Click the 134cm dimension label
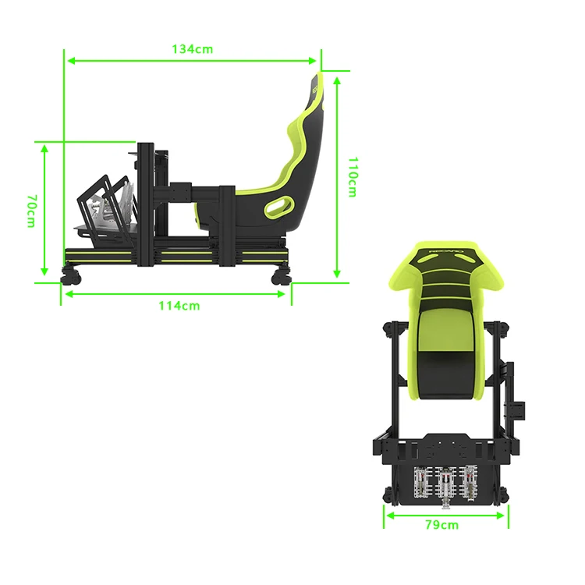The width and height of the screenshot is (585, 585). pyautogui.click(x=192, y=48)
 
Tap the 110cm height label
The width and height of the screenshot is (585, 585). pyautogui.click(x=353, y=176)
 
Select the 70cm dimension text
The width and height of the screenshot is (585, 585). pyautogui.click(x=30, y=211)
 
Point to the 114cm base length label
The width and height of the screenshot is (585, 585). pyautogui.click(x=178, y=306)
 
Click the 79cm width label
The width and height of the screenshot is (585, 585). pyautogui.click(x=441, y=524)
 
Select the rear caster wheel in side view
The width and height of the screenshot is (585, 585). pyautogui.click(x=280, y=276)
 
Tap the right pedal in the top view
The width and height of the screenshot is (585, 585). pyautogui.click(x=470, y=482)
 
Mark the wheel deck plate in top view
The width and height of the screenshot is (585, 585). pyautogui.click(x=445, y=447)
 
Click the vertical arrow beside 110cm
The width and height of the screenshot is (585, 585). pyautogui.click(x=337, y=176)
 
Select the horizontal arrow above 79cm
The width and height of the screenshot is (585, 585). pyautogui.click(x=445, y=514)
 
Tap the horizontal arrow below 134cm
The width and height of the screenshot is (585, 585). pyautogui.click(x=192, y=59)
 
